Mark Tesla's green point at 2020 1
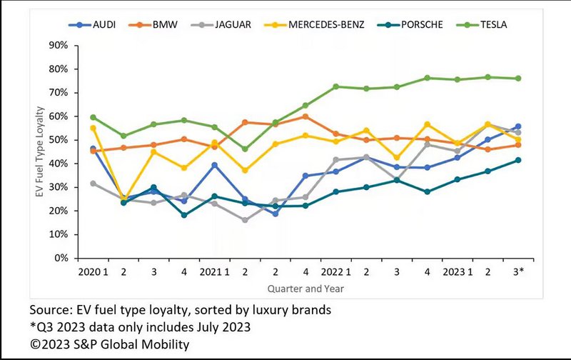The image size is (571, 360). (x=94, y=117)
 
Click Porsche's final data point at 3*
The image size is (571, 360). (x=517, y=160)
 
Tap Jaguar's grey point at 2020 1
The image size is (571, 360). (x=94, y=184)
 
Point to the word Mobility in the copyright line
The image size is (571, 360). (x=168, y=345)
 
